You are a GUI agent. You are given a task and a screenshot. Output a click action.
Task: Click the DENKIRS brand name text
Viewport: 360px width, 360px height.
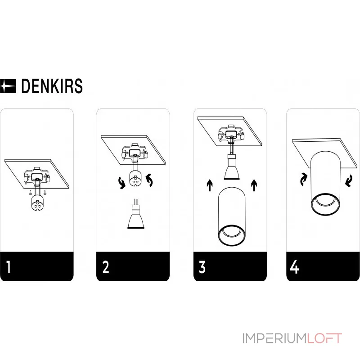click(x=52, y=86)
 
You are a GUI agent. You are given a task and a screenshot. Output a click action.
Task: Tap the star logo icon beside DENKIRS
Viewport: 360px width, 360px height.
click(x=8, y=86)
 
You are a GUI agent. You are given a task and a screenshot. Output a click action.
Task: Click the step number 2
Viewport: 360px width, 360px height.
click(x=106, y=267)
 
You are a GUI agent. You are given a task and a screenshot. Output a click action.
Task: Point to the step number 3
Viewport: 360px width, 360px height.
click(x=202, y=267)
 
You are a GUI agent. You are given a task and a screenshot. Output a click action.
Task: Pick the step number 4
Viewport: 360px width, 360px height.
click(x=295, y=267)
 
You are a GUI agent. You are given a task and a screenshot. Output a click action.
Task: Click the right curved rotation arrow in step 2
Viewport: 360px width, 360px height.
click(x=151, y=181)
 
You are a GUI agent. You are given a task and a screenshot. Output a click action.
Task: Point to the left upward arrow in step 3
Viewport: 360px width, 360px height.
click(x=209, y=184)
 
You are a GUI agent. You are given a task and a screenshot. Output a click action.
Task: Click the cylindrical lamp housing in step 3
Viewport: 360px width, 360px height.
click(x=231, y=218)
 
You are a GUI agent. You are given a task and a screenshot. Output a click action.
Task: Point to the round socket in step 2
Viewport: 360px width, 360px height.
click(x=135, y=179)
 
